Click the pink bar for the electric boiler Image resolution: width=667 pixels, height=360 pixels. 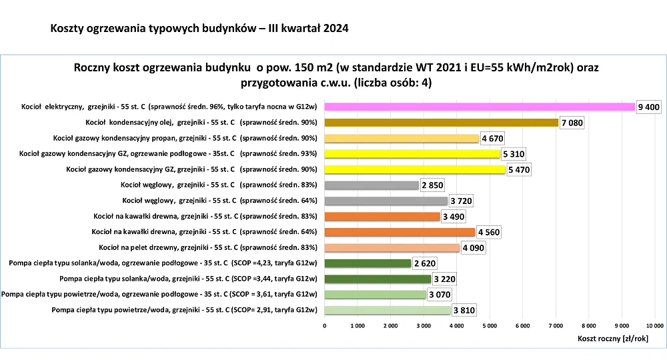(479, 107)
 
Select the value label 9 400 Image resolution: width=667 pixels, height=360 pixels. (649, 107)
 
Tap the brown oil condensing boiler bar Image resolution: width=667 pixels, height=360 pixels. (441, 123)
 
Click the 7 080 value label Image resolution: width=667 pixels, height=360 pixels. (572, 123)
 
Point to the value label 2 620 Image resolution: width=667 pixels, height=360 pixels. (425, 263)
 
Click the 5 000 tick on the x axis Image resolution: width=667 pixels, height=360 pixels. (490, 325)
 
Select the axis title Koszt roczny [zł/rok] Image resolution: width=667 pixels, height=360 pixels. (614, 339)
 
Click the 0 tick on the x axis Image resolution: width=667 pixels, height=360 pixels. (325, 325)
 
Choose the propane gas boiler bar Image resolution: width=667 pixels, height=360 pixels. (402, 139)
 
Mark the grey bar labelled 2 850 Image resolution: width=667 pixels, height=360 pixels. (372, 185)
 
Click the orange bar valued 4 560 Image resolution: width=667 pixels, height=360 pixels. (400, 232)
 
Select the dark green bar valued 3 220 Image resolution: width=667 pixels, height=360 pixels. (378, 279)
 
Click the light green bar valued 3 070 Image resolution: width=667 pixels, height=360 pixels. (375, 295)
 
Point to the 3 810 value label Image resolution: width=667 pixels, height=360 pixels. (464, 310)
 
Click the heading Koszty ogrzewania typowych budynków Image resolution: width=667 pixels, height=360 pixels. (199, 29)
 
